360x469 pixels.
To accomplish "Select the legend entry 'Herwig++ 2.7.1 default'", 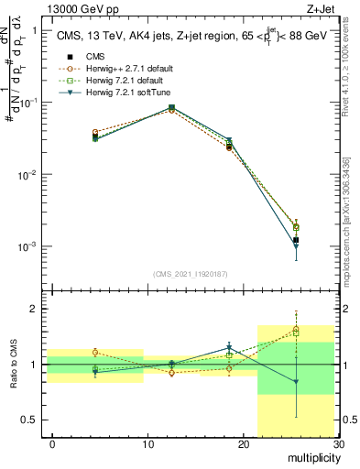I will click(x=128, y=69).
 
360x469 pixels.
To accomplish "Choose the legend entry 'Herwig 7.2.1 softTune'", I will click(x=127, y=93).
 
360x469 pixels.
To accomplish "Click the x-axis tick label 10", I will click(x=147, y=443).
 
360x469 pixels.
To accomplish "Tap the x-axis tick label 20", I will click(x=243, y=443).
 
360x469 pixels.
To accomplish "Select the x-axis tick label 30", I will click(x=337, y=443).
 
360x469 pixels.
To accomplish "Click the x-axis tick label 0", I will click(x=53, y=443).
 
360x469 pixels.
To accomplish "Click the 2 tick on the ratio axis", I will click(x=35, y=309).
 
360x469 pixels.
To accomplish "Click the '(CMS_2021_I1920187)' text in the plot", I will click(x=191, y=273).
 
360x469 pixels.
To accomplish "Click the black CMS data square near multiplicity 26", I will click(x=296, y=240).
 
